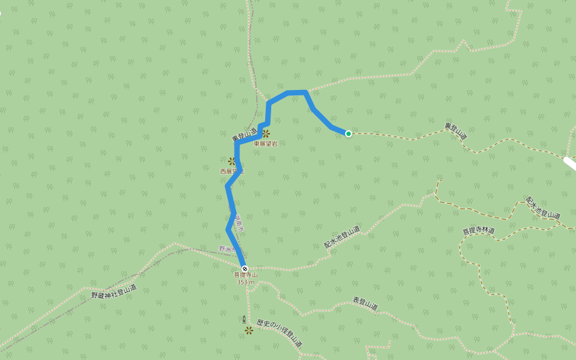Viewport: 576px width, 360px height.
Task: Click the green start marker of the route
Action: (x=348, y=133)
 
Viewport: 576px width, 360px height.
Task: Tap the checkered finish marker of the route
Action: (x=244, y=268)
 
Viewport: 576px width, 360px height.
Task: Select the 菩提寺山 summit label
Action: (x=245, y=275)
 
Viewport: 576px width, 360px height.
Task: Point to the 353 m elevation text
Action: (x=245, y=282)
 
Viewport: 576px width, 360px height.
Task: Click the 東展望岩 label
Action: (x=265, y=143)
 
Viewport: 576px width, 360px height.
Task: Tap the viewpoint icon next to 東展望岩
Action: (x=266, y=134)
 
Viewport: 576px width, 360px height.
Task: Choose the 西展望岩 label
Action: (x=231, y=171)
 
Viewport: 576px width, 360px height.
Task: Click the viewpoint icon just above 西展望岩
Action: (x=232, y=161)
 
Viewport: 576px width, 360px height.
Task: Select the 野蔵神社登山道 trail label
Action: (x=114, y=292)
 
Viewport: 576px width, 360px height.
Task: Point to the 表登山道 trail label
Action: (x=365, y=304)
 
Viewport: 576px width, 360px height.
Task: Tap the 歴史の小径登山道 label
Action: (x=279, y=334)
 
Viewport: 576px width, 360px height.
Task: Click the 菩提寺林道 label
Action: (x=478, y=231)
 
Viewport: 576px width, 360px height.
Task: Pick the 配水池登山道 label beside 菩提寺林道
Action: (x=543, y=208)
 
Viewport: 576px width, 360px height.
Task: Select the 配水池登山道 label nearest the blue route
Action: (x=342, y=237)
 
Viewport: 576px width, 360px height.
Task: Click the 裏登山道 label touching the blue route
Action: (x=244, y=135)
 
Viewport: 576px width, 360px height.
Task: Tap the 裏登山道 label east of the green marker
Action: (x=455, y=131)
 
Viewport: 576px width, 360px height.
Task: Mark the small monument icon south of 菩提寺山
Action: (x=244, y=319)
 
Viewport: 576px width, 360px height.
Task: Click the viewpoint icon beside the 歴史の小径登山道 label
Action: (x=249, y=330)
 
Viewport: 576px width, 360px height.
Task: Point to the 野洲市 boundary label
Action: (x=229, y=248)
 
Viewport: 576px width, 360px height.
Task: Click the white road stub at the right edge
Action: (x=569, y=162)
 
